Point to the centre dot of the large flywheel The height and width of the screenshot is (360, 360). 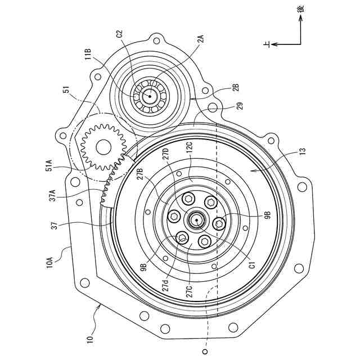196,221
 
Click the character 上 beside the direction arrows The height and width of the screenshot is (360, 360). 268,44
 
